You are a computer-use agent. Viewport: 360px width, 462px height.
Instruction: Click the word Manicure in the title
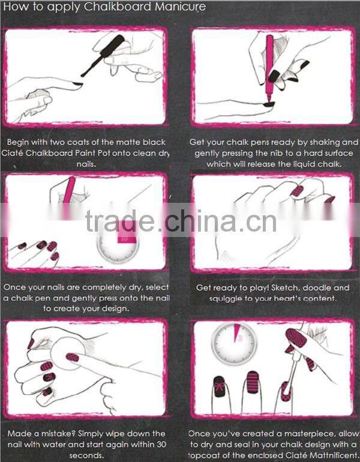[x=180, y=7]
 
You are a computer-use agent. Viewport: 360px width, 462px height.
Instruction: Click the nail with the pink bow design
[x=218, y=392]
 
